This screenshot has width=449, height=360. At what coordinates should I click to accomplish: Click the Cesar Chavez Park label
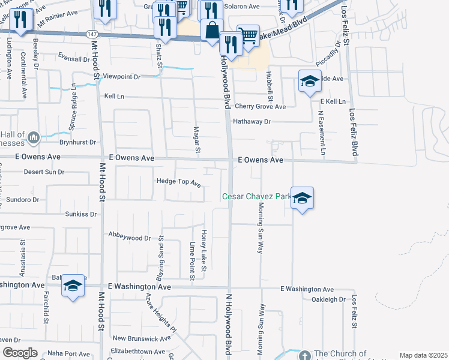point(257,196)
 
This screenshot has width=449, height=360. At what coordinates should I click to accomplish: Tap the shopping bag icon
point(211,30)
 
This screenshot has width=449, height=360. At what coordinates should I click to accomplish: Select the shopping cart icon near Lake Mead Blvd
point(247,35)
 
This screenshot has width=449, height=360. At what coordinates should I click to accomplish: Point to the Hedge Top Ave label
point(178,181)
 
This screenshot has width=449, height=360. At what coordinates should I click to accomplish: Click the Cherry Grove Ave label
point(260,106)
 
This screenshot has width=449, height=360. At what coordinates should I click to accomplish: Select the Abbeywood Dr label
point(129,238)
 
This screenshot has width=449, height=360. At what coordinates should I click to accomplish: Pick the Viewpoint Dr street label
point(121,77)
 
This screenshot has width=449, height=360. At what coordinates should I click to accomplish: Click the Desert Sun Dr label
point(44,172)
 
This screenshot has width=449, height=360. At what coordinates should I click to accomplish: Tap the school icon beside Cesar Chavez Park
point(302,199)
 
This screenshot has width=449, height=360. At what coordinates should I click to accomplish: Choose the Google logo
point(20,353)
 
